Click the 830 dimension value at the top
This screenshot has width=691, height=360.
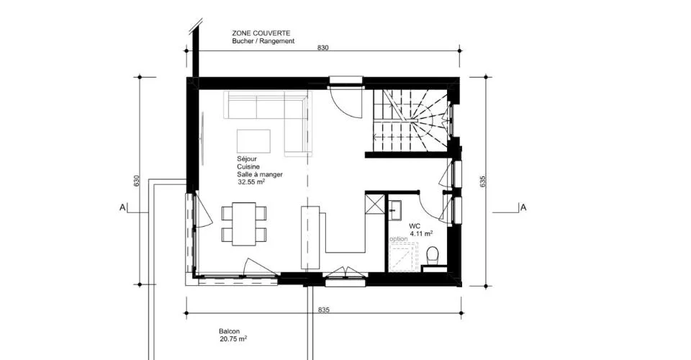coord(323,48)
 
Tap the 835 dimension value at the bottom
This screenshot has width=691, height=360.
coord(324,310)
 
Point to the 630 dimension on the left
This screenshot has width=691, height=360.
coord(137,181)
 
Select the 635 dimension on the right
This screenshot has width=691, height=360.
coord(482,181)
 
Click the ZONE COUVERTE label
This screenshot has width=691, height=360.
coord(261,33)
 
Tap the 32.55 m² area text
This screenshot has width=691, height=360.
coord(252,181)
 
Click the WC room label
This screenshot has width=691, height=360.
coord(415,226)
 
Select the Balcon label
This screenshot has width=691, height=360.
coord(229,331)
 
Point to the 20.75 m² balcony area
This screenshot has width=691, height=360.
coord(233,339)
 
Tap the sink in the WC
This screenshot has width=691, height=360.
coord(395,210)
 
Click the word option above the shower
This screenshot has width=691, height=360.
coord(399,239)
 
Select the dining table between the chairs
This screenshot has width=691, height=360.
coord(244,223)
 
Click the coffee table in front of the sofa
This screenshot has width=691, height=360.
coord(254,140)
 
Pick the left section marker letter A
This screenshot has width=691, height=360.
coord(122,207)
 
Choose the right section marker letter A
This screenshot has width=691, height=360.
coord(523,207)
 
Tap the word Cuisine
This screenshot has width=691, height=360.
coord(248,166)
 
